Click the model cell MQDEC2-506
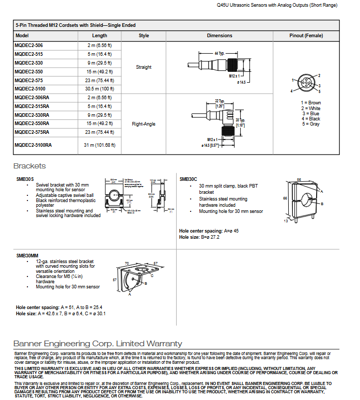click(x=29, y=45)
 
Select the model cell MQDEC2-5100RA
click(x=34, y=145)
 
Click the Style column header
click(x=144, y=36)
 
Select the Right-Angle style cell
click(x=144, y=124)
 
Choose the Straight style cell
click(x=144, y=67)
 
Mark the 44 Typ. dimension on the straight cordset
click(x=219, y=53)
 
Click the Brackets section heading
click(x=29, y=166)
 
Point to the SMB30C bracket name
click(x=189, y=179)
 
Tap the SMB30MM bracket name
click(x=27, y=255)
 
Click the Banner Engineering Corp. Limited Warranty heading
click(x=98, y=343)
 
